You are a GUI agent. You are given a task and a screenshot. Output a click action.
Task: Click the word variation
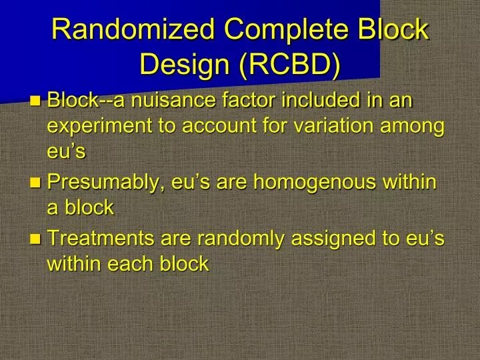(328, 127)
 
